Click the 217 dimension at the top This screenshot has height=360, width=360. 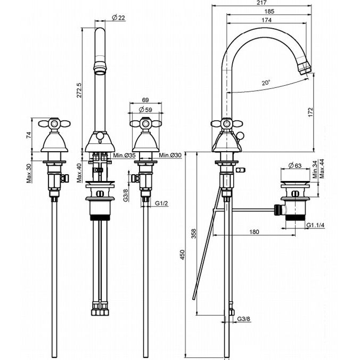tap(261, 3)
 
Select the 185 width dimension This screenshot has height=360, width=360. tap(269, 11)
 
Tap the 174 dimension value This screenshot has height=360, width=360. tap(266, 20)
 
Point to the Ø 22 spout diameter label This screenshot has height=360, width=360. tap(118, 18)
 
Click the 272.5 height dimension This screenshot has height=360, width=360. tap(79, 90)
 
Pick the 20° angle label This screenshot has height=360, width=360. tap(266, 83)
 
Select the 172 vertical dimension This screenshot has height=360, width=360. tap(310, 112)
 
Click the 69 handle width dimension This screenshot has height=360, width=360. tap(145, 100)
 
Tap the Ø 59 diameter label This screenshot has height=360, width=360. tap(145, 110)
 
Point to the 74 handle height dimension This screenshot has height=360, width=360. tap(29, 135)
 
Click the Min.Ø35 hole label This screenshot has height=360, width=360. tap(124, 156)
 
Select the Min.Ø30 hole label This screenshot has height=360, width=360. tap(170, 156)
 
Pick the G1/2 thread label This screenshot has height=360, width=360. tap(162, 203)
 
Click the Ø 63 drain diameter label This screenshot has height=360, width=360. tap(295, 165)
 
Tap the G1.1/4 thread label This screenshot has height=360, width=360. tap(315, 225)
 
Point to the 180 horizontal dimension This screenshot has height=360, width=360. tap(254, 232)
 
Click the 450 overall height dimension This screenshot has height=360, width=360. tap(182, 255)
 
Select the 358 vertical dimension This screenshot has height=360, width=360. tap(194, 233)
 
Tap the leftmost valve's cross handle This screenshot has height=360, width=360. tap(54, 124)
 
